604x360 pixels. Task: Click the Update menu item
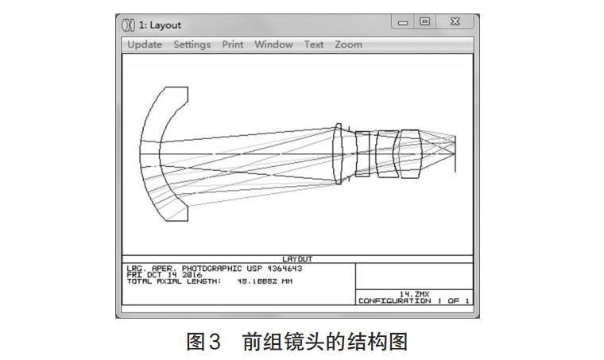(x=145, y=45)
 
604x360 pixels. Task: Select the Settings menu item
(x=192, y=45)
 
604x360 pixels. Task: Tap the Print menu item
(x=233, y=45)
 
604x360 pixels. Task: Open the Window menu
(x=273, y=45)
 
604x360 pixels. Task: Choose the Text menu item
(x=314, y=45)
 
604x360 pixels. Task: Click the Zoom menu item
(x=348, y=45)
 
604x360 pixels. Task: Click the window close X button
(x=455, y=22)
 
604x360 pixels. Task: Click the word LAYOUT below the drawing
(x=298, y=259)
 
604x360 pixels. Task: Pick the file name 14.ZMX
(x=414, y=293)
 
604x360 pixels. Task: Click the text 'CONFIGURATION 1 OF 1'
(x=414, y=300)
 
